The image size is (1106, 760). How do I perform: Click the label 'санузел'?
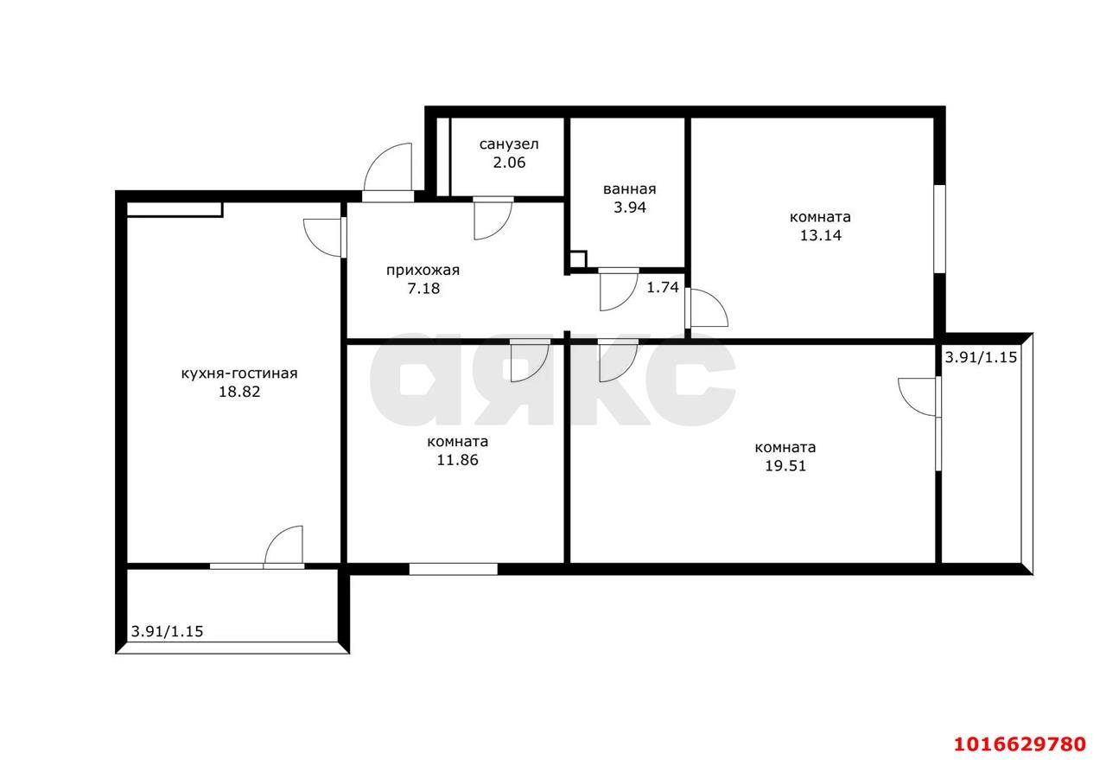tap(509, 144)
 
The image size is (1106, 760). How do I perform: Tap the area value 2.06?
tap(509, 163)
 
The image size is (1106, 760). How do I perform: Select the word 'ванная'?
tap(630, 189)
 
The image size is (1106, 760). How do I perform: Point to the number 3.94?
tap(630, 208)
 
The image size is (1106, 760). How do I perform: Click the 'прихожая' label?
tap(423, 271)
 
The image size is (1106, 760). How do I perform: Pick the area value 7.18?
tap(423, 289)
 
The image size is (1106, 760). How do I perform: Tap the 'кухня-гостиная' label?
tap(239, 373)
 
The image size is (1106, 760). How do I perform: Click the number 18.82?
tap(239, 392)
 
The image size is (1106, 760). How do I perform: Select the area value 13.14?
tap(821, 235)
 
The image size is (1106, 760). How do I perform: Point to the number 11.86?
tap(458, 460)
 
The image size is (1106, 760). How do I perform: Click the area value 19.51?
tap(785, 466)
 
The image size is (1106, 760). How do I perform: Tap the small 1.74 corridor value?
tap(663, 287)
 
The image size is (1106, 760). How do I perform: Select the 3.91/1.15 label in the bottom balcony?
tap(167, 631)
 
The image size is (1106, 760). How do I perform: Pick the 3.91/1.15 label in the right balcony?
tap(981, 357)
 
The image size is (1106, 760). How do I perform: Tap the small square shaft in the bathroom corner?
tap(578, 260)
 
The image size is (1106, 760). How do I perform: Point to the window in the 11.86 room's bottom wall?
tap(454, 569)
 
